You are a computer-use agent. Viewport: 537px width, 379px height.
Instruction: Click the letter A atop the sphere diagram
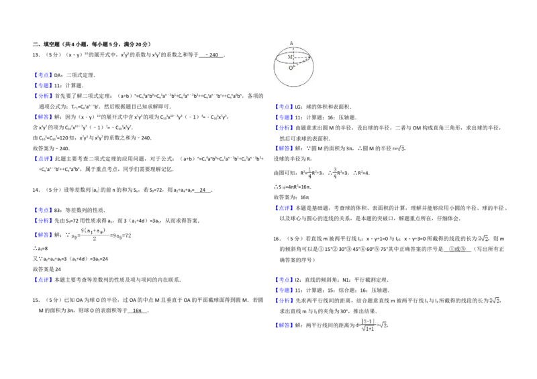coord(291,43)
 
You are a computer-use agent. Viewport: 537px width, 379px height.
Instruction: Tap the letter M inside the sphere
coord(290,57)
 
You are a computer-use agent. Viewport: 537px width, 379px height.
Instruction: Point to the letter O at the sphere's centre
coord(291,68)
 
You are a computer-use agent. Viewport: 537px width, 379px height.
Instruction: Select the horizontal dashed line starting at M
coord(301,57)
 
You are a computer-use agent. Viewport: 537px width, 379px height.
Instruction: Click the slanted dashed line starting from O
coord(303,63)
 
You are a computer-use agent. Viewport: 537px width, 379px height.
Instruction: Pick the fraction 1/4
coord(310,172)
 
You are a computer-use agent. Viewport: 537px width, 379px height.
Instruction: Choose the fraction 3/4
coord(334,172)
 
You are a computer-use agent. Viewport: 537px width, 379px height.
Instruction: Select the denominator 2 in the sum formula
coord(95,240)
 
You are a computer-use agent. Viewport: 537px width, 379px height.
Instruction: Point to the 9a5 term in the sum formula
coord(116,236)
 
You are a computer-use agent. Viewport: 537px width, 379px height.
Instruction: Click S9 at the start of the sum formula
coord(75,236)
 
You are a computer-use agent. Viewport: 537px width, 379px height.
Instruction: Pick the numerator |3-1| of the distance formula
coord(367,321)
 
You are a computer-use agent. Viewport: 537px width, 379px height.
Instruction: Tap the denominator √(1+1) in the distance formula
coord(367,329)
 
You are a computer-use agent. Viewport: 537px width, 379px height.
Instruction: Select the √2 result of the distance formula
coord(383,325)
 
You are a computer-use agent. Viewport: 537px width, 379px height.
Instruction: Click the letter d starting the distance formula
coord(352,325)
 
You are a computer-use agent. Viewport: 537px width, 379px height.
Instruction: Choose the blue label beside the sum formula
coord(43,235)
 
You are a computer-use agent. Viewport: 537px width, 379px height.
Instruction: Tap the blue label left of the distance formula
coord(284,326)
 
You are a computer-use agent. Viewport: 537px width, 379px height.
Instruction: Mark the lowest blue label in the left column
coord(43,279)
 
